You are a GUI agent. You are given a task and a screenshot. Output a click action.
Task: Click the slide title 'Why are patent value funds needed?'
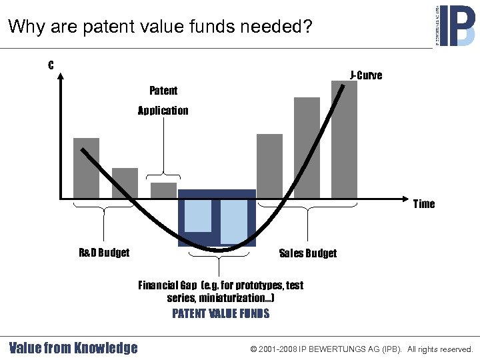coord(159,27)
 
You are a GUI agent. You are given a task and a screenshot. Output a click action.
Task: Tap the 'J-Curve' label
coord(366,75)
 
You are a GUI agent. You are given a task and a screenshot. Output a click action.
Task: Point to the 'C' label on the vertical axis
coord(51,65)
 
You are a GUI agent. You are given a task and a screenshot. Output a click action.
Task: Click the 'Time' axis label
coord(423,204)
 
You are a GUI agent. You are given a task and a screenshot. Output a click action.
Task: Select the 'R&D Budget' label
coord(104,253)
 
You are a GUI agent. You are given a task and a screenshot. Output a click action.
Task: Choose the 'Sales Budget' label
coord(307,253)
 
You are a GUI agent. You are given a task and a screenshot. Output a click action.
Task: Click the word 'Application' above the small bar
coord(163,111)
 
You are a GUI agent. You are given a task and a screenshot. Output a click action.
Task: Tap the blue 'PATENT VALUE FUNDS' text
coord(221,313)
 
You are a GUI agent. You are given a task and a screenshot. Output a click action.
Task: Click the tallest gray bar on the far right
coord(344,139)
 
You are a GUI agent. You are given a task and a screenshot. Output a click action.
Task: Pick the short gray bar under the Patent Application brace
coord(163,190)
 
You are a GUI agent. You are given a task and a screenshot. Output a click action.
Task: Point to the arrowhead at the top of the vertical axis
coord(61,76)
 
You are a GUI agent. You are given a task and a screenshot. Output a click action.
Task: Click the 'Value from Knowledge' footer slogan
coord(73,348)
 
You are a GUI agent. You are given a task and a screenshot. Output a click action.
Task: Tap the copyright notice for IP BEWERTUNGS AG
coord(361,349)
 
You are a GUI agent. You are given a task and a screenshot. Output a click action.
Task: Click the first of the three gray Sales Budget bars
coord(269,166)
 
